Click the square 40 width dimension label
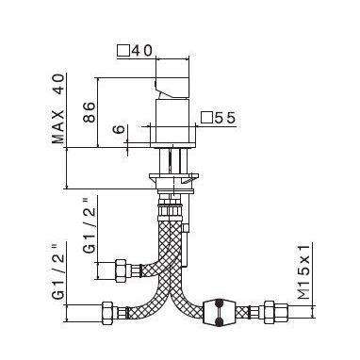135,51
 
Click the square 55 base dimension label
218,118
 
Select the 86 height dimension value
89,112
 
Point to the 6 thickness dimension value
118,129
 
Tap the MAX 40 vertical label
58,109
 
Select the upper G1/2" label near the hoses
90,224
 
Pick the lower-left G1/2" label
58,270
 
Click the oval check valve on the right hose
219,312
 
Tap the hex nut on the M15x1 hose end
270,313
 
